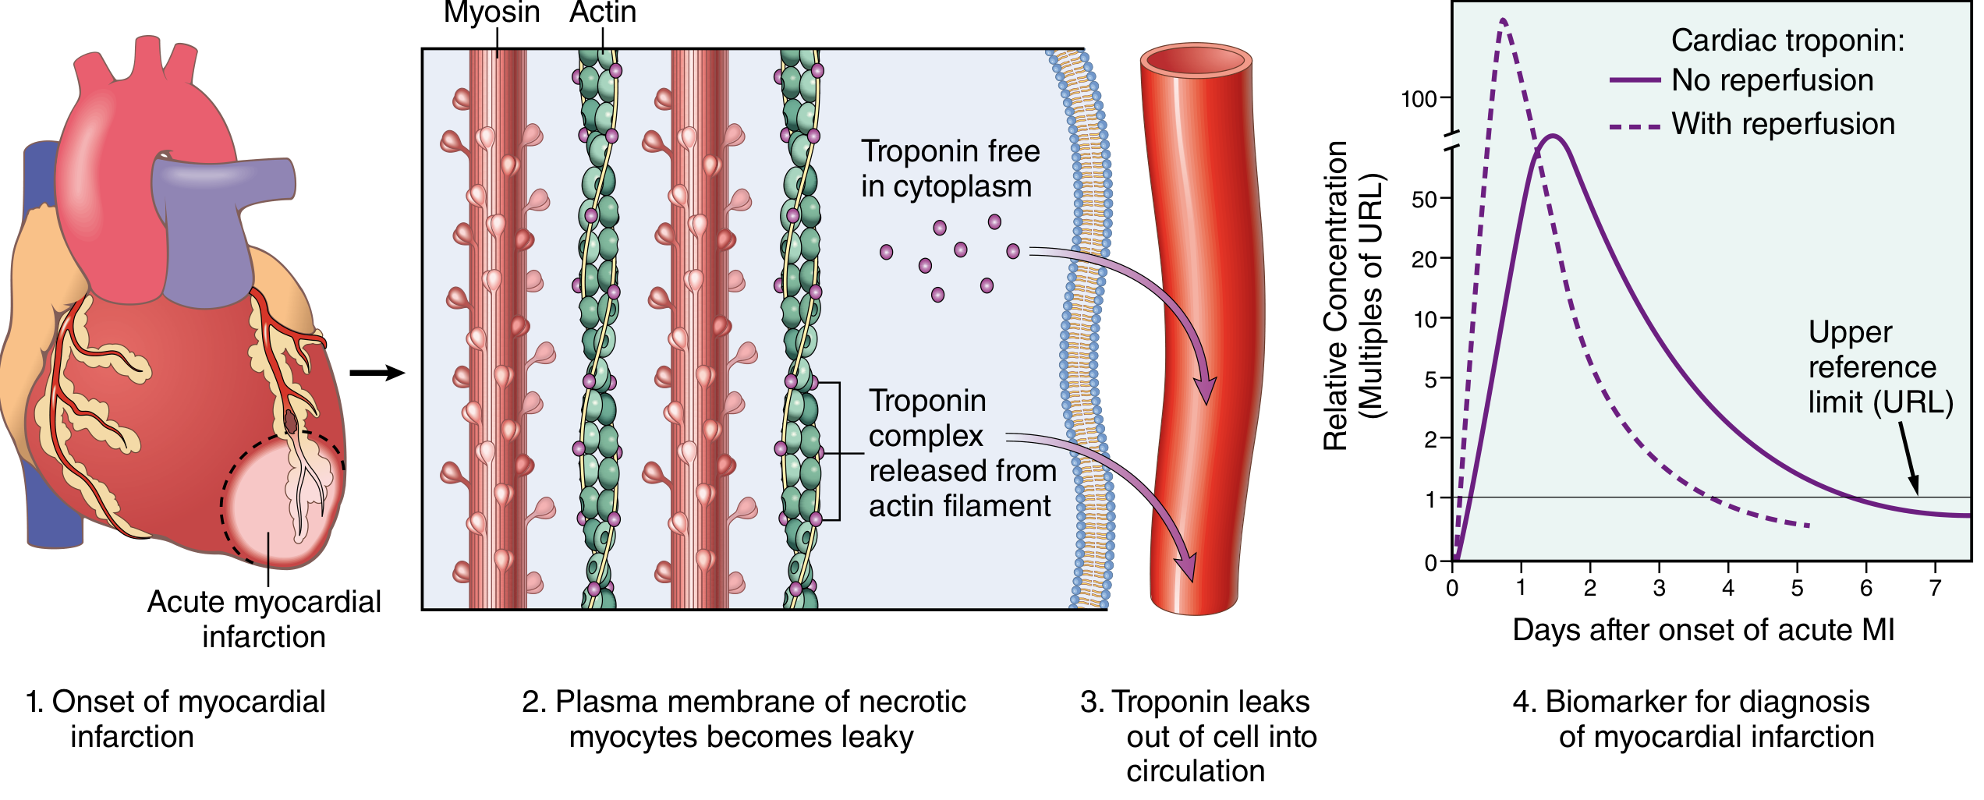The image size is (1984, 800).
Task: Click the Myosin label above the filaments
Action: tap(491, 12)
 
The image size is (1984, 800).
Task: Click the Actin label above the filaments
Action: tap(602, 12)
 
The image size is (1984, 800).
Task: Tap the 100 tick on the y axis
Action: tap(1419, 100)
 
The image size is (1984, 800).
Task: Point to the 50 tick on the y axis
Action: tap(1426, 200)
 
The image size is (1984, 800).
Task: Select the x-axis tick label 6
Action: tap(1866, 588)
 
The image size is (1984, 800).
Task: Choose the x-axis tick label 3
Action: tap(1660, 588)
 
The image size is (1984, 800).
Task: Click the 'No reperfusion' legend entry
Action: tap(1772, 80)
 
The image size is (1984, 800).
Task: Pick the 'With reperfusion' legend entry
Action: tap(1783, 124)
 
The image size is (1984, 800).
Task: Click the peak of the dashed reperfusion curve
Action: tap(1503, 20)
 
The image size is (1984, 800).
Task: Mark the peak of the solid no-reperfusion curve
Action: tap(1554, 136)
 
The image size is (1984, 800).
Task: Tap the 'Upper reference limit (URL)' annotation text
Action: tap(1879, 367)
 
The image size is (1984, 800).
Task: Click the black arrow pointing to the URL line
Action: tap(1908, 459)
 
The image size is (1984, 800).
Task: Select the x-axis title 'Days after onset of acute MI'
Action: tap(1703, 630)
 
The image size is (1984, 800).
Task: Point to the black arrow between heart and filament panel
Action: tap(377, 373)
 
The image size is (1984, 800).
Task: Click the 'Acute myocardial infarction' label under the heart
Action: tap(264, 619)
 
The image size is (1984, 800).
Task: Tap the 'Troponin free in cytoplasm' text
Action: tap(949, 168)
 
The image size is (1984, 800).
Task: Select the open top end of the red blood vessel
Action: tap(1196, 62)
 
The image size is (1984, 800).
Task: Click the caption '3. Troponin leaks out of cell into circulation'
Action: tap(1198, 736)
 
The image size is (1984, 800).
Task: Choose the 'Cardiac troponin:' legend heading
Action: tap(1787, 41)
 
